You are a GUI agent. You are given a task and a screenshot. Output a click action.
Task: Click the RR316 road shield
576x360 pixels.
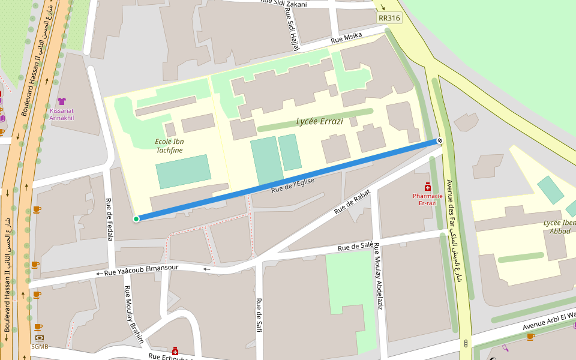coord(389,18)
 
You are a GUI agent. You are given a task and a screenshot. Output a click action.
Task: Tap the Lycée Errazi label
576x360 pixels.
coord(319,121)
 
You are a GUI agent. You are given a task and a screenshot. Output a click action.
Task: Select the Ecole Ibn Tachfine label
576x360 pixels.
coord(169,146)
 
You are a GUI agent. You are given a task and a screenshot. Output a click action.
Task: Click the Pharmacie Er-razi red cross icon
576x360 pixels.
coord(427,187)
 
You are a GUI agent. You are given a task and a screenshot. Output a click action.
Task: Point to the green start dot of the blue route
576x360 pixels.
coord(136,218)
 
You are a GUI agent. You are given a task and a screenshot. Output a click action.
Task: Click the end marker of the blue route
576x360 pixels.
coord(440,140)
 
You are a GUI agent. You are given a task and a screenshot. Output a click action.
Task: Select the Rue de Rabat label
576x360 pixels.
coord(352,202)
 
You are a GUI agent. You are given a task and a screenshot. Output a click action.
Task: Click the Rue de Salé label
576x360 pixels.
coord(355,246)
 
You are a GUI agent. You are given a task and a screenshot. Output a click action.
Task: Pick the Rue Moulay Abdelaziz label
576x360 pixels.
coord(379,276)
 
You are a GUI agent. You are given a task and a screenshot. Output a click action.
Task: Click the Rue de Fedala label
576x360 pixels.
coord(110,219)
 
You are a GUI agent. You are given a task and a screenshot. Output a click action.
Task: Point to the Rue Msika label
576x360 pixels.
coord(346,39)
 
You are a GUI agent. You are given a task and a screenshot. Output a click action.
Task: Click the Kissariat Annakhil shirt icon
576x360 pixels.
coord(62,101)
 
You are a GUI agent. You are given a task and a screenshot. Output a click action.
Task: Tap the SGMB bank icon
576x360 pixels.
coord(40,338)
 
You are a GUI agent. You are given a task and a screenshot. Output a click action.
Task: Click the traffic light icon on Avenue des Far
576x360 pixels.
coord(466,343)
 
